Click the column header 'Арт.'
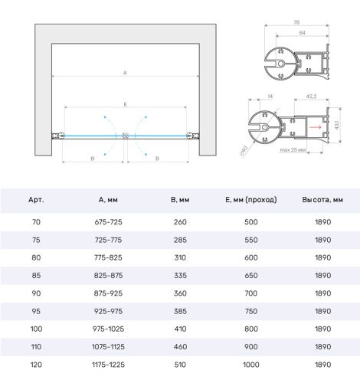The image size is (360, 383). [36, 200]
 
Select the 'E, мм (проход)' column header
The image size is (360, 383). [251, 200]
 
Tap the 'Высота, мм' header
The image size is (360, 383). [322, 200]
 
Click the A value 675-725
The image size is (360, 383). [108, 222]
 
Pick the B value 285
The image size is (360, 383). [180, 240]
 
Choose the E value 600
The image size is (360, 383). [251, 257]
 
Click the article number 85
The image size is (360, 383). [36, 276]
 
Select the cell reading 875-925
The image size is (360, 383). [108, 293]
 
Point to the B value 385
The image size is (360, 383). [180, 311]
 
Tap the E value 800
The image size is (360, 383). [251, 329]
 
